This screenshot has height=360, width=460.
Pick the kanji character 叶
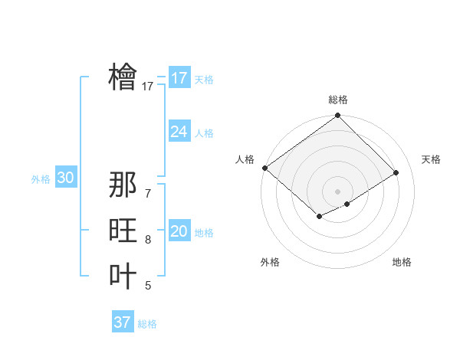click(123, 276)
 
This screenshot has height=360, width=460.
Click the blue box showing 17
click(179, 77)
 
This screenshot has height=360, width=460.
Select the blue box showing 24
click(179, 132)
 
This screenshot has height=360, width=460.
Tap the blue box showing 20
click(179, 231)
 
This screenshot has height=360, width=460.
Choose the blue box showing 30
click(66, 178)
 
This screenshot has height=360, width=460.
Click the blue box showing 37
click(123, 322)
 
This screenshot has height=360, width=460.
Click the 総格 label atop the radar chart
click(337, 100)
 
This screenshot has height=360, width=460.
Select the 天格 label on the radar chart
click(431, 159)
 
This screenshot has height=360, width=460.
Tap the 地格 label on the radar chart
click(402, 262)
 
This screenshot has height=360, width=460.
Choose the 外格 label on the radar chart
click(270, 262)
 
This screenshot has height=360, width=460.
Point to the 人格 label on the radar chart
click(245, 159)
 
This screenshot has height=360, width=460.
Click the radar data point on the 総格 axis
click(337, 116)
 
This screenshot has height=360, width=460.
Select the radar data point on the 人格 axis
click(264, 168)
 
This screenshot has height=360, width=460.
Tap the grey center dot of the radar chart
click(337, 191)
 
